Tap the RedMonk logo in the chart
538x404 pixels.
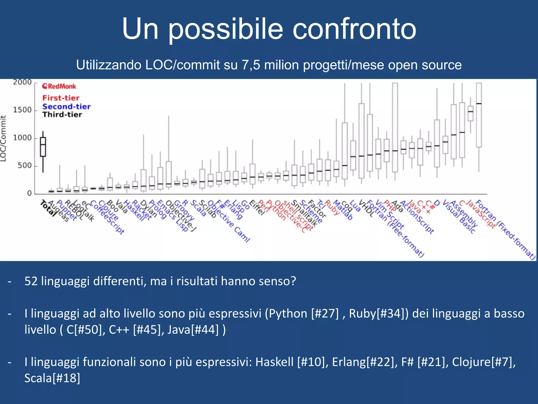(59, 86)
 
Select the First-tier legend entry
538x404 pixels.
(61, 98)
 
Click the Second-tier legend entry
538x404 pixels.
(66, 107)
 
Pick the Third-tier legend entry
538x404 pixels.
(62, 115)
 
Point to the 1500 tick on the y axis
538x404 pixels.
(22, 110)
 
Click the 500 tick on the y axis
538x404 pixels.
(24, 166)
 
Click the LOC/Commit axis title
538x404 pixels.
(3, 138)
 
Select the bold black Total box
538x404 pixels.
(43, 147)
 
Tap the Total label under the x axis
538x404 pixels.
(48, 208)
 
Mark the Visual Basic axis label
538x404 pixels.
(459, 217)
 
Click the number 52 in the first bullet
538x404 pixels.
(31, 281)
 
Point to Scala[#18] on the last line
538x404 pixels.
(52, 378)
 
